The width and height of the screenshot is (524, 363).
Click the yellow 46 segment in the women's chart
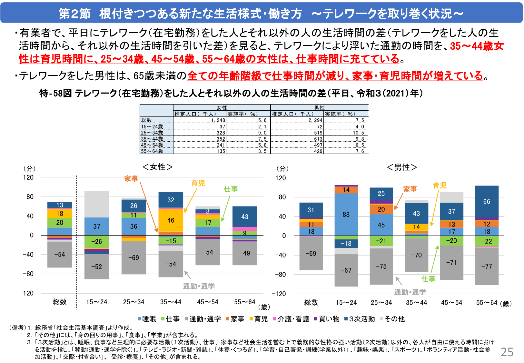pyautogui.click(x=171, y=220)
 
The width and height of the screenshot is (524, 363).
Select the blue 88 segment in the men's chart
pyautogui.click(x=346, y=215)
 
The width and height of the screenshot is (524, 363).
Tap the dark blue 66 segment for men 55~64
pyautogui.click(x=487, y=202)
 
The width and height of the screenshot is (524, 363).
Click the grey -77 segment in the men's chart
pyautogui.click(x=487, y=266)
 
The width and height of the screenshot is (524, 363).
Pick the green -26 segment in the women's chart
pyautogui.click(x=97, y=241)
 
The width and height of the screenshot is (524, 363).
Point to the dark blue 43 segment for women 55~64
pyautogui.click(x=245, y=217)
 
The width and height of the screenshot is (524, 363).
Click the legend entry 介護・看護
pyautogui.click(x=291, y=319)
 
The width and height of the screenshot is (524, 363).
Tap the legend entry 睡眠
pyautogui.click(x=147, y=319)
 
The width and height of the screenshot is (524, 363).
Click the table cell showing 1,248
pyautogui.click(x=218, y=120)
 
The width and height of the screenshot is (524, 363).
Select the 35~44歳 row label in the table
pyautogui.click(x=152, y=139)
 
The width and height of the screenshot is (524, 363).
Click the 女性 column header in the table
pyautogui.click(x=222, y=108)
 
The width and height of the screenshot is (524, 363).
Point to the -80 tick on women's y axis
pyautogui.click(x=28, y=274)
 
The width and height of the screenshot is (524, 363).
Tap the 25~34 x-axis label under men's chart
pyautogui.click(x=381, y=303)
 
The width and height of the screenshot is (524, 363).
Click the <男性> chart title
pyautogui.click(x=402, y=167)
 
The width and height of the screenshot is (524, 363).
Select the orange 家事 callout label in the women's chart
pyautogui.click(x=131, y=179)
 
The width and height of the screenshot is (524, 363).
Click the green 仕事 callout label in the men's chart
pyautogui.click(x=428, y=279)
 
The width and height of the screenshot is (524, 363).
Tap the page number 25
pyautogui.click(x=507, y=352)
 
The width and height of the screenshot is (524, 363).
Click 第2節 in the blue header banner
pyautogui.click(x=74, y=14)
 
